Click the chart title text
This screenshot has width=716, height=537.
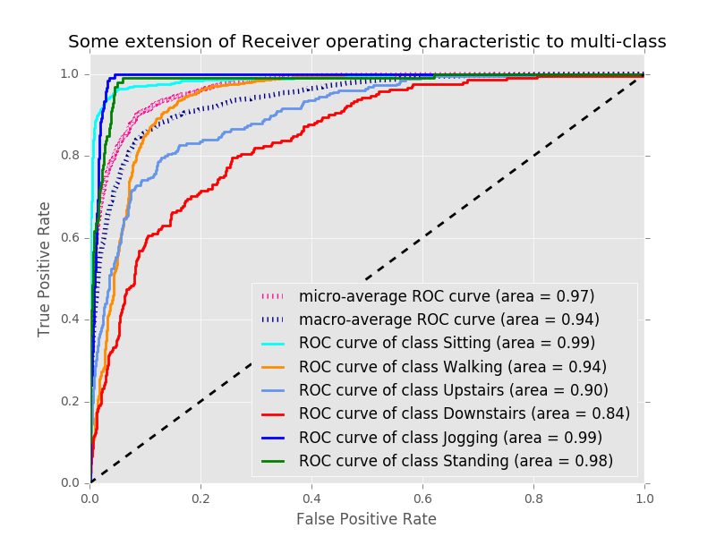367,42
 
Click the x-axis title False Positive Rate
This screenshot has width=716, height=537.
367,519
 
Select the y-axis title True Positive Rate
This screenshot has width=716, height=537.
45,268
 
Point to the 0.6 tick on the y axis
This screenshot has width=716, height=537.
72,238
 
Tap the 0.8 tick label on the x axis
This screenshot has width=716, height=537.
533,498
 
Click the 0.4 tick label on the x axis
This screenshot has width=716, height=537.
311,498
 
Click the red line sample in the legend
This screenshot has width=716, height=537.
274,413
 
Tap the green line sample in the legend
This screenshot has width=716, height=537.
274,461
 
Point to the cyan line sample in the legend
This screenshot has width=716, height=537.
274,343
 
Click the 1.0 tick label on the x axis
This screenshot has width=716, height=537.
644,498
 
